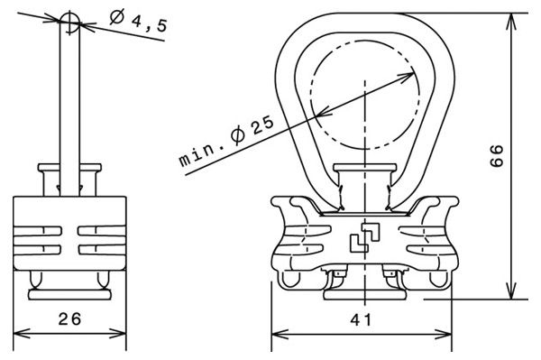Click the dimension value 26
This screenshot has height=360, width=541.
[x=69, y=318]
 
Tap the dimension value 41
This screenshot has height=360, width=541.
[x=361, y=320]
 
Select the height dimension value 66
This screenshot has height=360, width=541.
[x=497, y=156]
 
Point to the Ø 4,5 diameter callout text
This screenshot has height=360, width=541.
[x=139, y=22]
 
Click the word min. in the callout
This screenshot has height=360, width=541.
[x=201, y=152]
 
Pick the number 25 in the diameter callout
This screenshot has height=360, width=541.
[x=263, y=125]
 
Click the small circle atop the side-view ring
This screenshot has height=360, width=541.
[x=69, y=21]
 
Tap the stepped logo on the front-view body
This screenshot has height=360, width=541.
[x=365, y=237]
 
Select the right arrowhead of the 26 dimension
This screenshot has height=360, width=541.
[x=118, y=334]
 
